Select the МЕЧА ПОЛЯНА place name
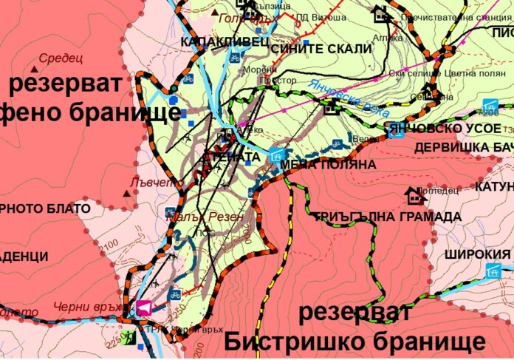coord(329,165)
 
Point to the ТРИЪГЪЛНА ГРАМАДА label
coord(386,217)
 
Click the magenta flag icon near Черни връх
coord(144,308)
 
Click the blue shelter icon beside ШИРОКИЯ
coord(493,271)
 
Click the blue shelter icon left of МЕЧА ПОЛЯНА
coord(275,154)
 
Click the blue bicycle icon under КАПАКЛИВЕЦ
coord(233,56)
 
